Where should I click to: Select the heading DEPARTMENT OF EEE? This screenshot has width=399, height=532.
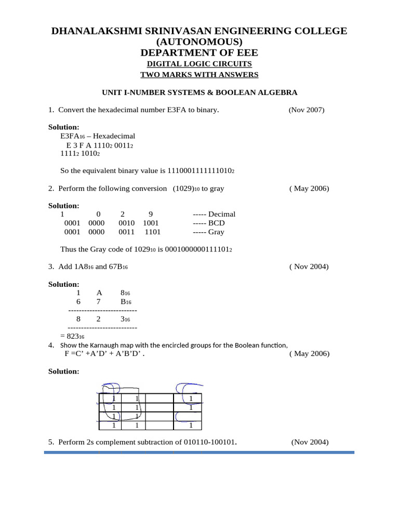coord(199,52)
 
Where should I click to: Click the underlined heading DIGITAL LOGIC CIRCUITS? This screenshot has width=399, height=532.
coord(199,64)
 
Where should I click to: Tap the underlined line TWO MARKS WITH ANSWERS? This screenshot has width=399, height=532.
coord(199,75)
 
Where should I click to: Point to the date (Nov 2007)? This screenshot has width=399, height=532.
coord(306,110)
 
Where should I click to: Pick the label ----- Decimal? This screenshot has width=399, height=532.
coord(214,214)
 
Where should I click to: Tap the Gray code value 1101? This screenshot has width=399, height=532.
coord(153,232)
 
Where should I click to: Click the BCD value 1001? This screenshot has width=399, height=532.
coord(151,223)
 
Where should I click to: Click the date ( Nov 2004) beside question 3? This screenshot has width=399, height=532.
coord(309,267)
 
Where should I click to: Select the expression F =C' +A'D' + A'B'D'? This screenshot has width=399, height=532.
coord(104,354)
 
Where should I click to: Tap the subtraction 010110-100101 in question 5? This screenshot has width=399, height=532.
coord(210,443)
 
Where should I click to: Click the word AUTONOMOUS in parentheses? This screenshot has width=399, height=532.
coord(199,42)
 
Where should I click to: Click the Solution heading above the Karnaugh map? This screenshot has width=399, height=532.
coord(64,371)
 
